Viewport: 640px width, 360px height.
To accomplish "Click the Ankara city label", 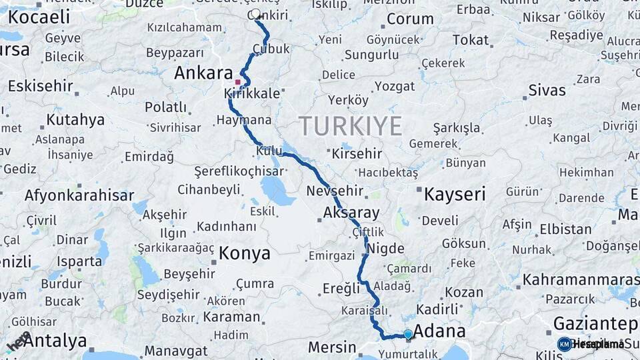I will click(x=203, y=73).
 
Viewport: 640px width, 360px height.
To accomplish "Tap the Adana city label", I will click(x=439, y=331).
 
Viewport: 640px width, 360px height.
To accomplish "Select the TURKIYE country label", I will click(x=350, y=125).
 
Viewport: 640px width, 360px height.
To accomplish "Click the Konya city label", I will click(x=245, y=253).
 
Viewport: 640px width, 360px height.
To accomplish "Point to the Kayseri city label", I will click(x=455, y=194).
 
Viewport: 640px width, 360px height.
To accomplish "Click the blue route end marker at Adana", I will click(x=408, y=334).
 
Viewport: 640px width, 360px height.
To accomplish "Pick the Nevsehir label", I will click(x=335, y=191).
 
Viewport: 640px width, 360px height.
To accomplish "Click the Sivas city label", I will click(x=547, y=90).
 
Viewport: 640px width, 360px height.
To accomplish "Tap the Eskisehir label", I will click(x=39, y=85).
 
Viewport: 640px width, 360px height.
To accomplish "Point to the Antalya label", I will click(x=55, y=341).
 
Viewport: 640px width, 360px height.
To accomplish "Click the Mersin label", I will click(x=332, y=347).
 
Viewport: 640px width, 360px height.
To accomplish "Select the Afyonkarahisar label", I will click(x=79, y=195).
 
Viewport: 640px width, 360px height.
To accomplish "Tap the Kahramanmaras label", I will click(x=580, y=279).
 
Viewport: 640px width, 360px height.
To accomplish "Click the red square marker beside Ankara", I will click(x=237, y=82).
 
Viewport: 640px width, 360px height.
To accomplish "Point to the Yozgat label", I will click(x=395, y=87).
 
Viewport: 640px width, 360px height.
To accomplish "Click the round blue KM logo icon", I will click(x=564, y=344).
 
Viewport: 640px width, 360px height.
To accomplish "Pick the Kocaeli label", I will click(x=39, y=17).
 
